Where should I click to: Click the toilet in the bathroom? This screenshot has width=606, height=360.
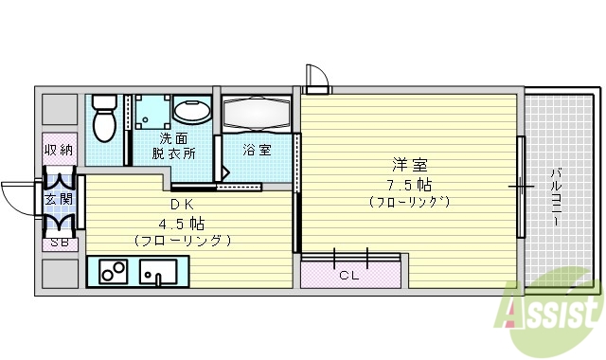click(105, 118)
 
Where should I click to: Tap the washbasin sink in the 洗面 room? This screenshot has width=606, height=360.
click(192, 112)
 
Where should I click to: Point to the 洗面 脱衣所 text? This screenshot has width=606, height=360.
click(177, 144)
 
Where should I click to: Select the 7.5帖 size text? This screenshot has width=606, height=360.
click(408, 184)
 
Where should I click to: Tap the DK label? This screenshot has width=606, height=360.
click(184, 207)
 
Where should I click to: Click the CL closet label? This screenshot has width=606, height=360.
click(350, 276)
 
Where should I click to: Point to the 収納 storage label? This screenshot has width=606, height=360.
click(59, 149)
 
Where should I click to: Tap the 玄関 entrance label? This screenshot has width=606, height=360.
click(59, 200)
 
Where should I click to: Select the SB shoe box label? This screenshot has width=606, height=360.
click(59, 243)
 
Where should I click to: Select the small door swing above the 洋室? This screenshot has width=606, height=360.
click(315, 80)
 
